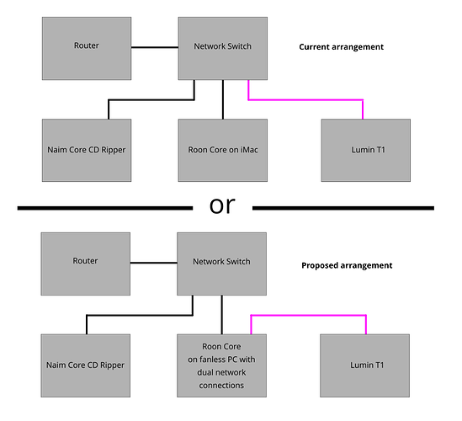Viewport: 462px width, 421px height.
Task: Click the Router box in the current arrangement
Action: tap(87, 48)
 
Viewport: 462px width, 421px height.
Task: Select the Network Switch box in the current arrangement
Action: tap(223, 48)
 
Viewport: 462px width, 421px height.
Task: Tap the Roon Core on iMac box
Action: tap(223, 151)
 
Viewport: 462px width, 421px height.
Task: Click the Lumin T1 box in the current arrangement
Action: tap(366, 151)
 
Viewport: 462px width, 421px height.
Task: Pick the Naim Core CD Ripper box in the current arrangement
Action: tap(87, 151)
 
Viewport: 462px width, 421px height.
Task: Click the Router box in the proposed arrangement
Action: tap(86, 264)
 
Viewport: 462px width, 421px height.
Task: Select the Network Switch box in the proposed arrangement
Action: tap(222, 264)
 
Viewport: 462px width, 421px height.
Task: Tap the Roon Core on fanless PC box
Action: tap(222, 365)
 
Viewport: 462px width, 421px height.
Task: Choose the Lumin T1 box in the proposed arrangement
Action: tap(364, 365)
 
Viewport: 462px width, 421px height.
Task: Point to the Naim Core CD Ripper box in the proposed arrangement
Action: tap(86, 365)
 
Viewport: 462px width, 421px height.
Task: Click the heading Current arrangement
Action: tap(341, 47)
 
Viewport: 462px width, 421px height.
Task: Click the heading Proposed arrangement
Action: tap(347, 265)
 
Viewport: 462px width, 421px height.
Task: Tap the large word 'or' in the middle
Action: tap(222, 205)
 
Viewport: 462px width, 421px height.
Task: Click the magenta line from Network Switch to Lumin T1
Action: tap(305, 100)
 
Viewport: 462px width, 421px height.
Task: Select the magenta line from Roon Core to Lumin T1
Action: tap(309, 316)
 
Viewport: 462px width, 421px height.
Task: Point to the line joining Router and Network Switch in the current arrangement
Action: tap(155, 47)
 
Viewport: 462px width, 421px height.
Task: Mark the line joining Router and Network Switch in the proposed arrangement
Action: tap(154, 263)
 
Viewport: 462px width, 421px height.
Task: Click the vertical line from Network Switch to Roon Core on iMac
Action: tap(223, 99)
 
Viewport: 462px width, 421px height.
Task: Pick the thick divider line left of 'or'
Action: tap(105, 208)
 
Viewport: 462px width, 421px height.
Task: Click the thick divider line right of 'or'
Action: tap(343, 208)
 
